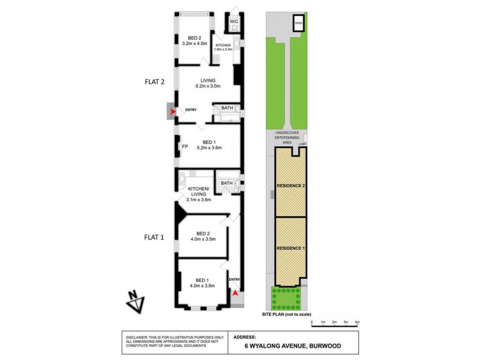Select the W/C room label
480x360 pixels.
click(x=234, y=22)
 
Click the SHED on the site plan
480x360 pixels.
click(x=298, y=23)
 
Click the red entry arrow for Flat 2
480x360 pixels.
click(x=173, y=112)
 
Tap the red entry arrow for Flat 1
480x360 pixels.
click(x=235, y=293)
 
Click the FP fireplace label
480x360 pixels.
click(x=184, y=146)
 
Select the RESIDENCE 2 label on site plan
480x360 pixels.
click(x=290, y=186)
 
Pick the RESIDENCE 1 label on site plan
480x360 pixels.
click(x=290, y=248)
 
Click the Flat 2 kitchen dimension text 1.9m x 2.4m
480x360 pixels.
click(x=224, y=49)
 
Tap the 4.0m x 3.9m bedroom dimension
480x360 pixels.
click(x=202, y=286)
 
